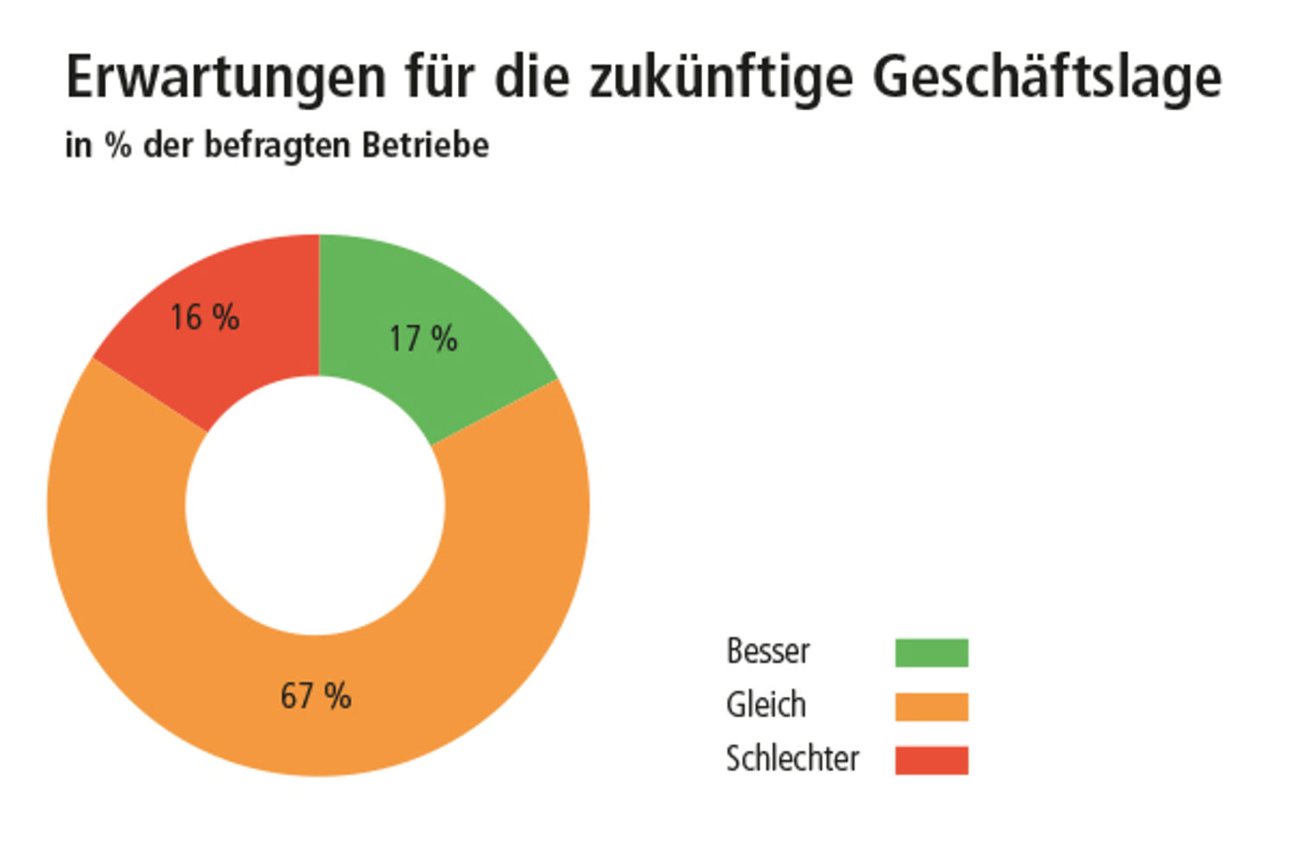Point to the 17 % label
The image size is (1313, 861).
pos(423,339)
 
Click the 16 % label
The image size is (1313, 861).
pos(205,318)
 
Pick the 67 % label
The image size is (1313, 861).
pos(316,696)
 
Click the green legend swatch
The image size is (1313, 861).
pos(931,653)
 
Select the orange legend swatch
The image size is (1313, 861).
pos(931,706)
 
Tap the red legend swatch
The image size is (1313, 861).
pos(931,760)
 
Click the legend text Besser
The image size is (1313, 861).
pos(768,651)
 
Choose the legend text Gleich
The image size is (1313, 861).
pos(766,705)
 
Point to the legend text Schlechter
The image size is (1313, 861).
pos(792,759)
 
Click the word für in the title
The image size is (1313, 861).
pos(440,78)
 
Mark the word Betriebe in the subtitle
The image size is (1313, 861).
pos(425,145)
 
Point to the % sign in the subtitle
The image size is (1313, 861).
pos(118,145)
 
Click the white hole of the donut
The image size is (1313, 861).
pos(315,506)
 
